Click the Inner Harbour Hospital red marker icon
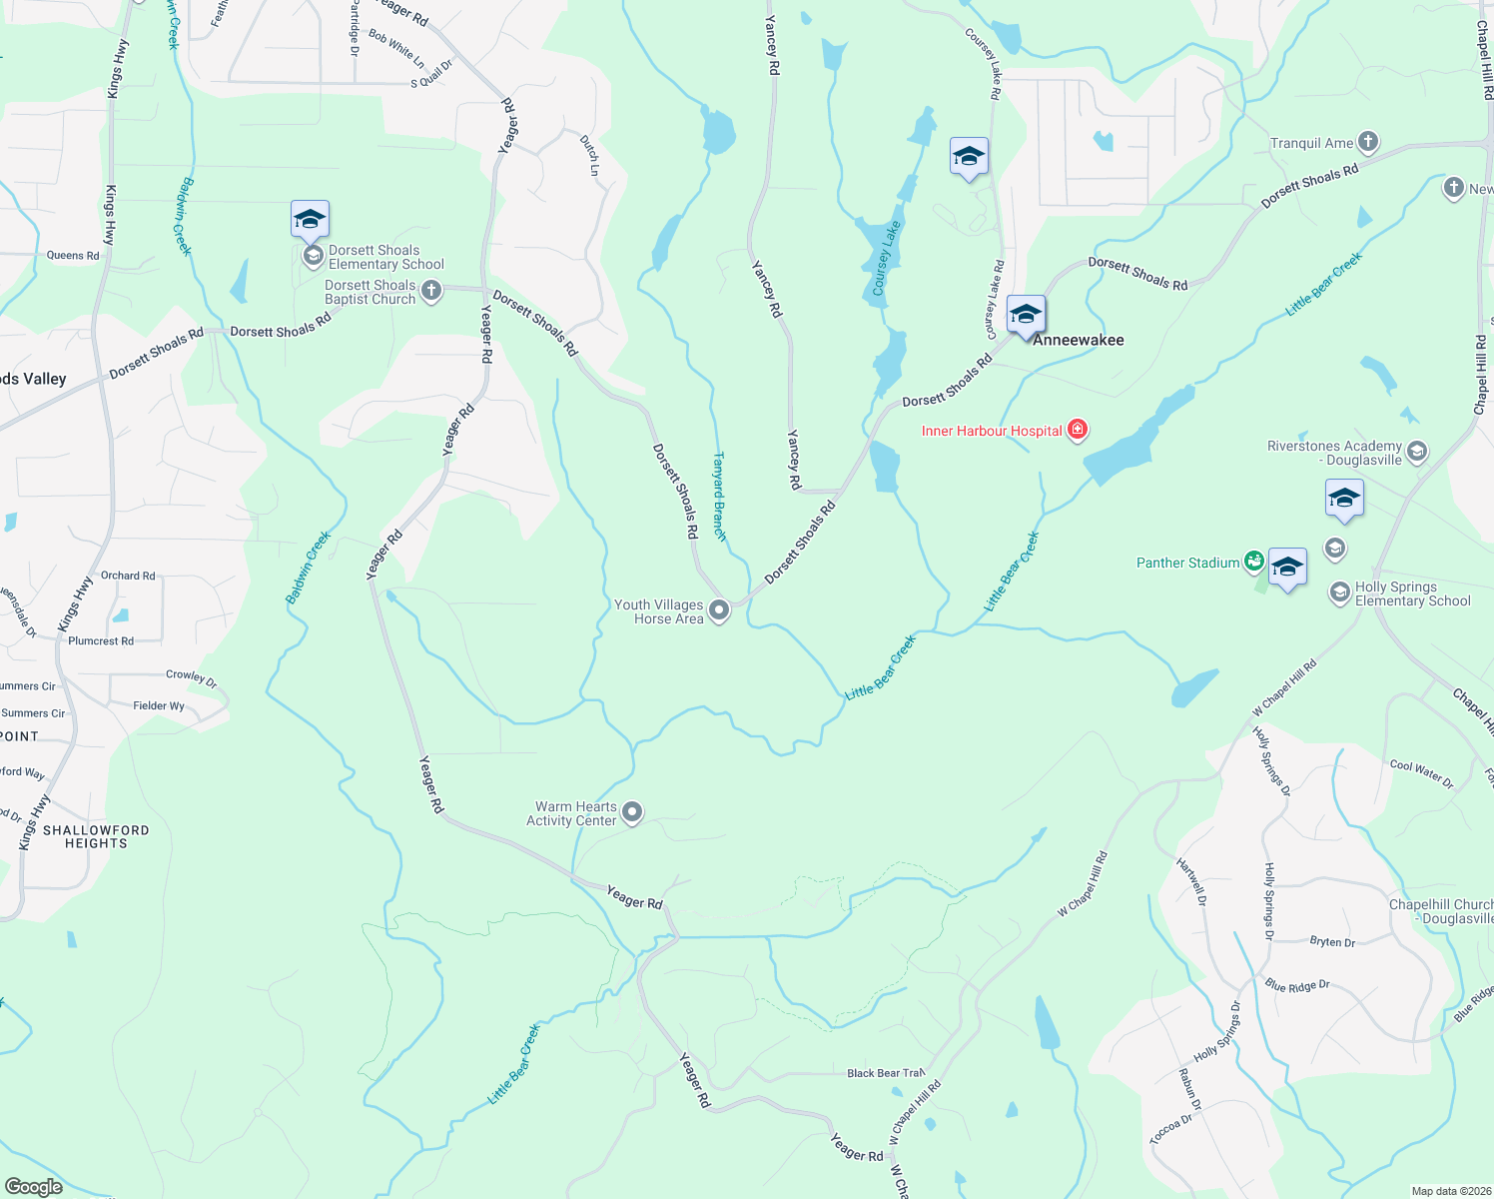pyautogui.click(x=1077, y=431)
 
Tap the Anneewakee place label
pyautogui.click(x=1078, y=340)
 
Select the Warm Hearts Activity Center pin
pyautogui.click(x=632, y=813)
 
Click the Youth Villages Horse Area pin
pyautogui.click(x=719, y=610)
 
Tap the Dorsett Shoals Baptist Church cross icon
pyautogui.click(x=431, y=291)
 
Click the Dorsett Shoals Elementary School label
pyautogui.click(x=385, y=258)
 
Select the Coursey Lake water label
pyautogui.click(x=886, y=258)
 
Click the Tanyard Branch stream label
pyautogui.click(x=719, y=497)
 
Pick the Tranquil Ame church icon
pyautogui.click(x=1368, y=142)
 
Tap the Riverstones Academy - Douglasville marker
pyautogui.click(x=1416, y=453)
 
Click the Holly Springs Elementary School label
pyautogui.click(x=1412, y=595)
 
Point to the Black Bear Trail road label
pyautogui.click(x=885, y=1073)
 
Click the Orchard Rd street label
pyautogui.click(x=128, y=576)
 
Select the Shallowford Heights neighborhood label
pyautogui.click(x=96, y=837)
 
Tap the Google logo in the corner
pyautogui.click(x=34, y=1186)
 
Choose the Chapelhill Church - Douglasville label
pyautogui.click(x=1440, y=911)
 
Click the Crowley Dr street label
pyautogui.click(x=191, y=677)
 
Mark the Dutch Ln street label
pyautogui.click(x=589, y=157)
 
